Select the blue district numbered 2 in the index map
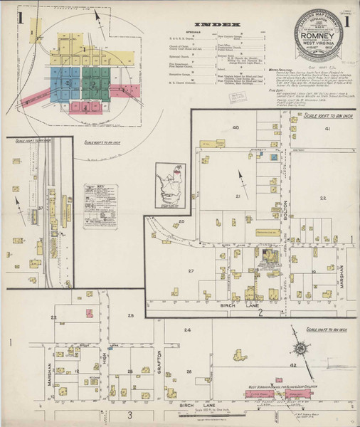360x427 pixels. (65, 84)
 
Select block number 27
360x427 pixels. (191, 271)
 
